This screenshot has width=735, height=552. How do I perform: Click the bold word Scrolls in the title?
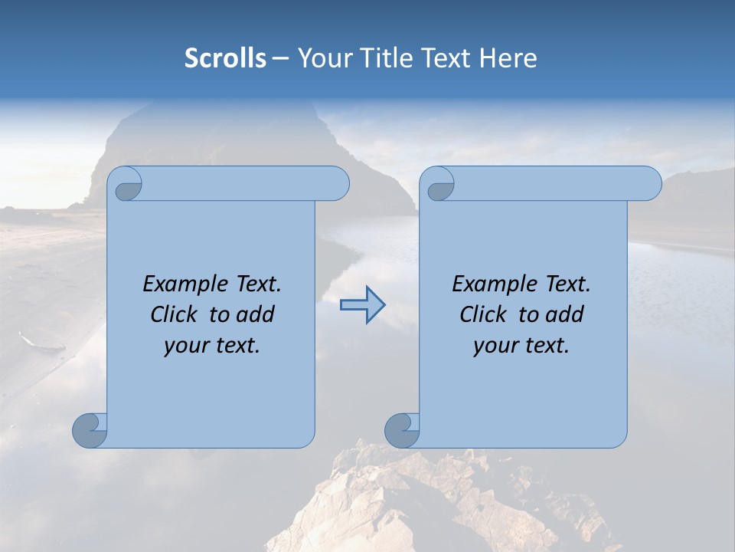(225, 58)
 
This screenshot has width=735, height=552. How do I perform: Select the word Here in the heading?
(508, 58)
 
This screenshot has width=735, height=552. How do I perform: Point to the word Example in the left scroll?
(182, 284)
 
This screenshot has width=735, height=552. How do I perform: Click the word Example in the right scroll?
(492, 284)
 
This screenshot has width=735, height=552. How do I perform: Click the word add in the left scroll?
(256, 314)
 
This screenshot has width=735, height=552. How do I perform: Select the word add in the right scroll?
(566, 314)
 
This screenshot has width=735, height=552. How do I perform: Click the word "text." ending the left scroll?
(236, 346)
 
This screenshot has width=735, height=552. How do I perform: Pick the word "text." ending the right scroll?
(545, 346)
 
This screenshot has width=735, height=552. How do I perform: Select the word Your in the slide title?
(322, 58)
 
